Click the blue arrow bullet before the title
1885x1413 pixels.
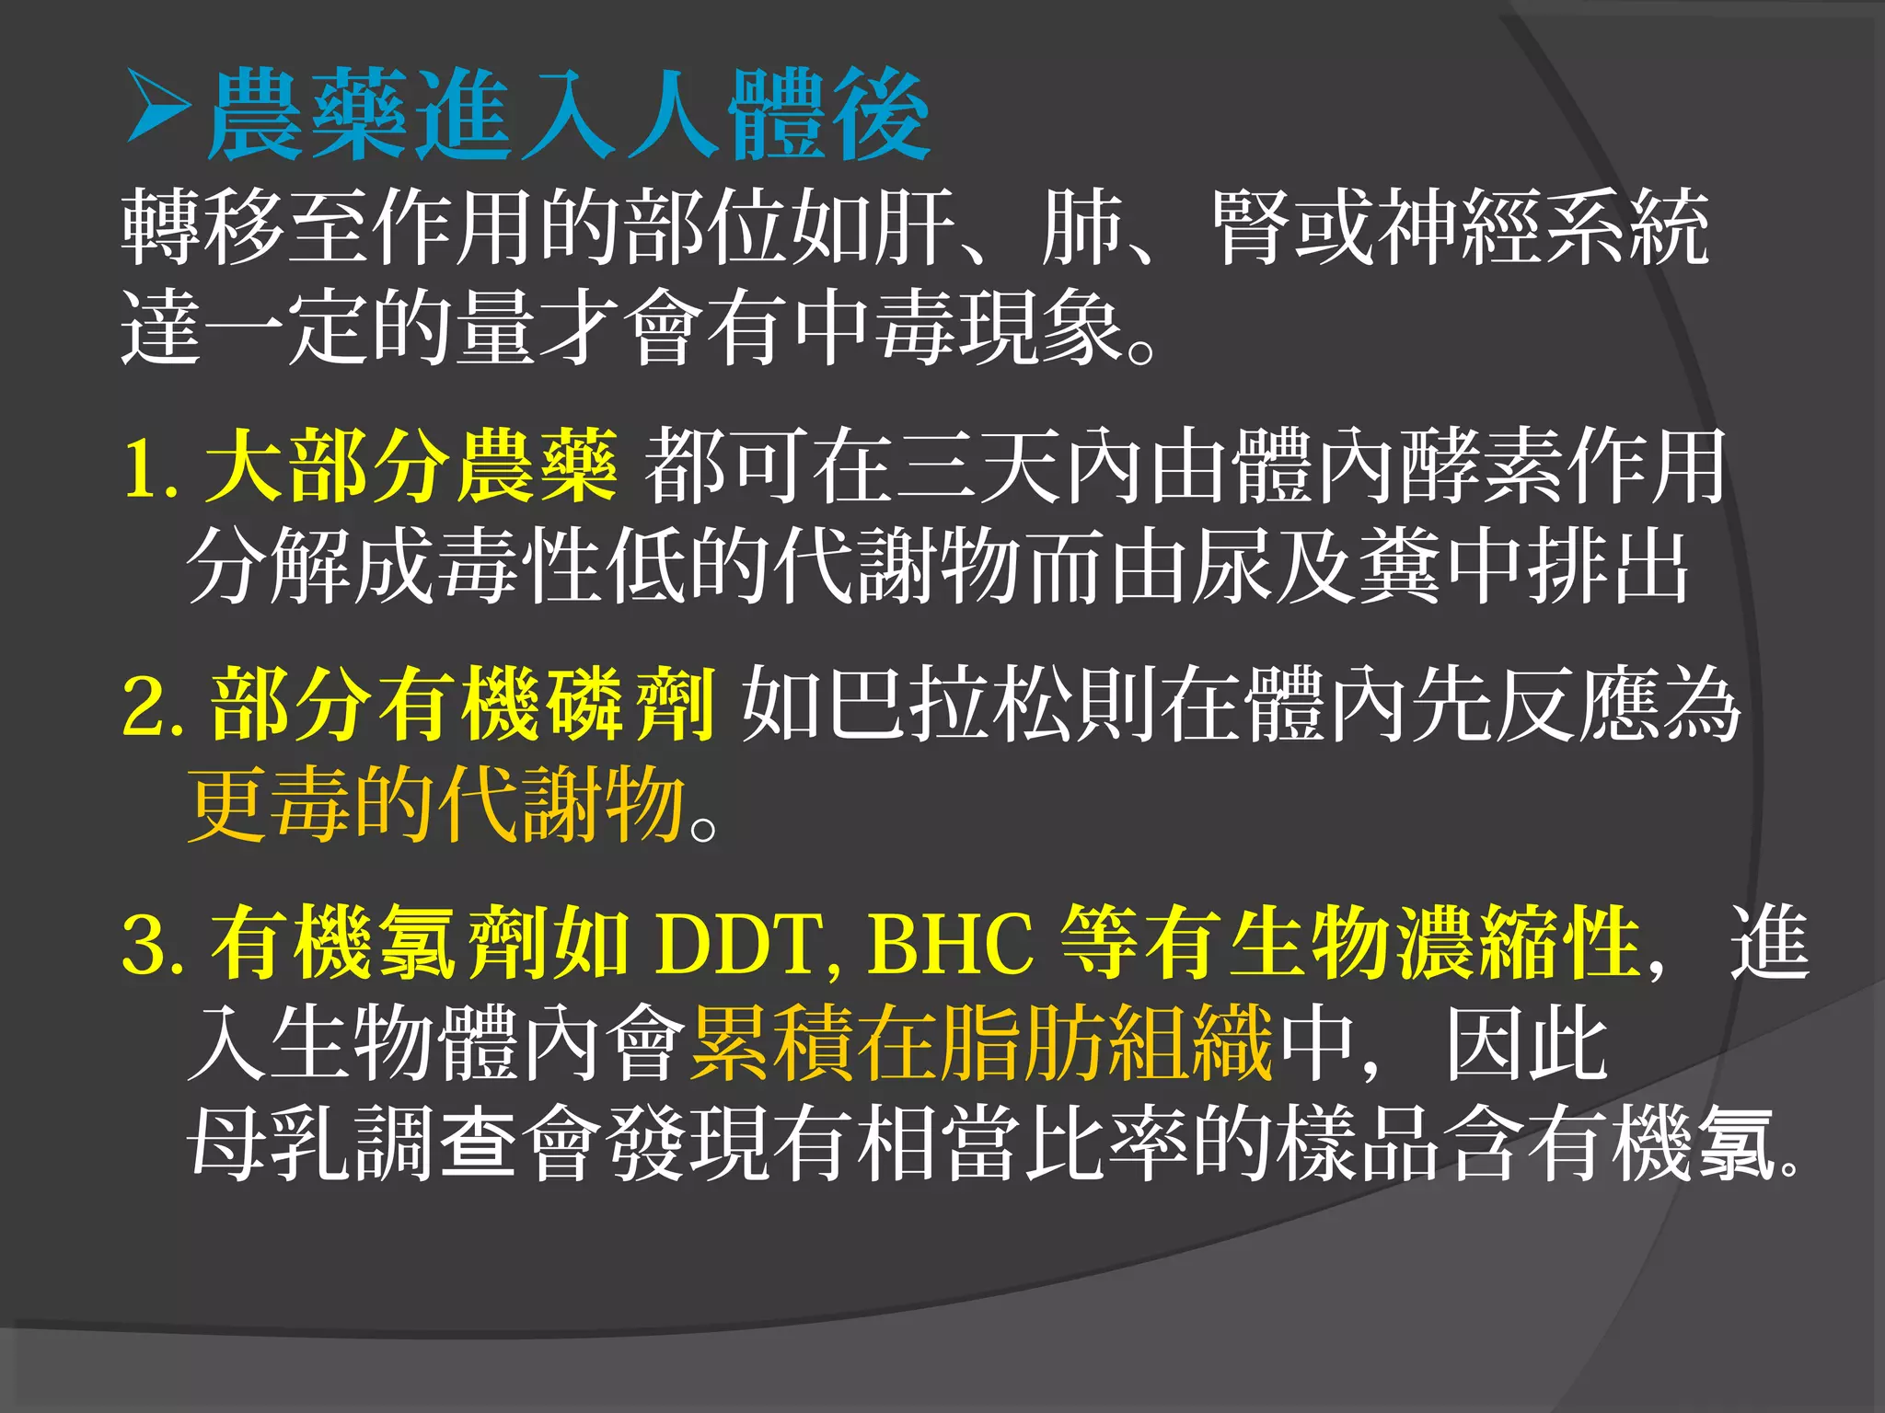tap(157, 109)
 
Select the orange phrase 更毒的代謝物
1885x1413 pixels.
tap(437, 804)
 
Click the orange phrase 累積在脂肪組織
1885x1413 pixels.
tap(980, 1043)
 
